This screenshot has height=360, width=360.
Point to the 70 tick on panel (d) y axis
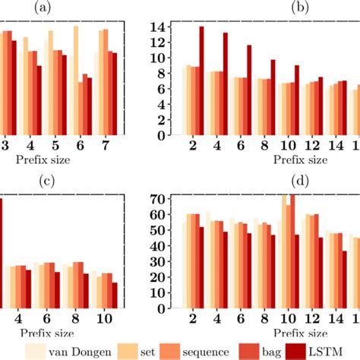point(157,199)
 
